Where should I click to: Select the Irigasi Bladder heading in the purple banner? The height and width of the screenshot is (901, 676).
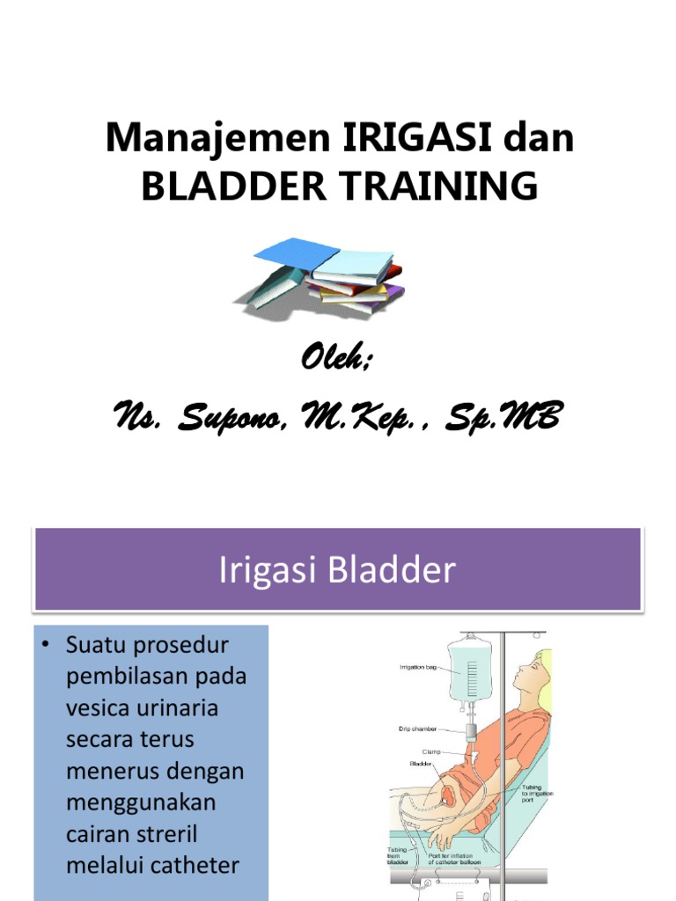pyautogui.click(x=336, y=570)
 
